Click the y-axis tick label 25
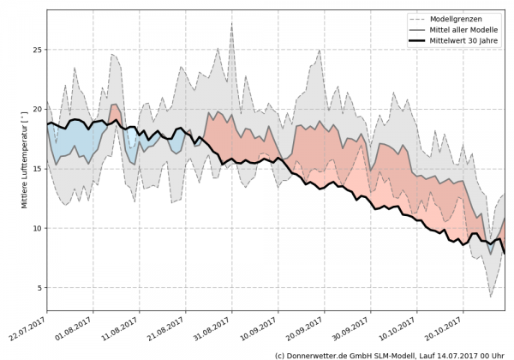tap(36, 50)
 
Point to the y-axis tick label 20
tap(36, 109)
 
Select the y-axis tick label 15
tap(36, 169)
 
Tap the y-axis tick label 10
tap(36, 228)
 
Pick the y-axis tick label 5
tap(39, 288)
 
